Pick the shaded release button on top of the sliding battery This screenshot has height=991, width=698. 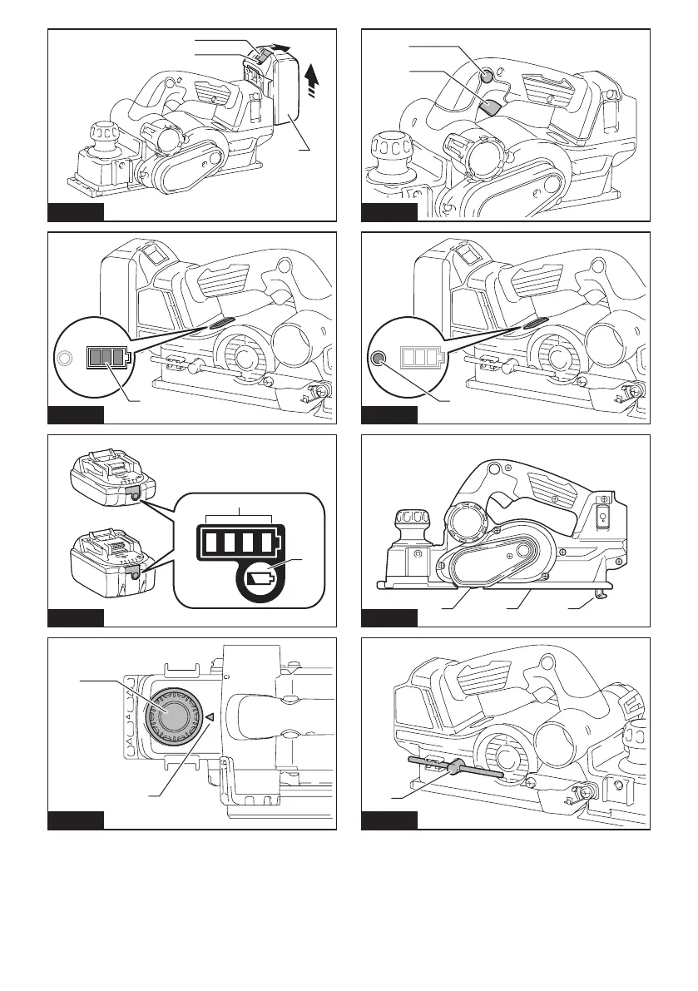(x=260, y=56)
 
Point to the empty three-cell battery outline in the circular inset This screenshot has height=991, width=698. (x=423, y=358)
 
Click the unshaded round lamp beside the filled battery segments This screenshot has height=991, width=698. (x=63, y=359)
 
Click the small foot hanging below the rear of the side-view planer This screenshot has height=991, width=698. (x=601, y=594)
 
